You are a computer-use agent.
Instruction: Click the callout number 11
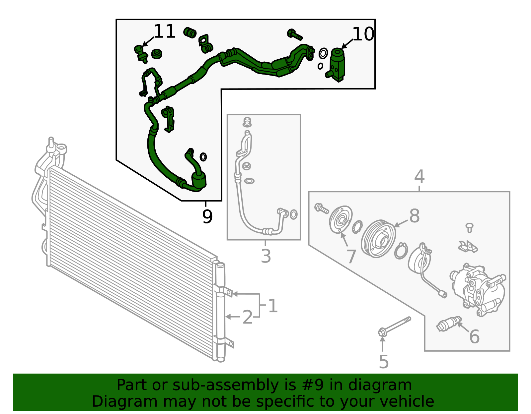click(x=165, y=31)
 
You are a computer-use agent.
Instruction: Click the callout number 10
click(x=363, y=34)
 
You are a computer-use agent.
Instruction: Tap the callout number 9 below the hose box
click(x=207, y=217)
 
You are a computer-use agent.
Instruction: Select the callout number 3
click(x=265, y=256)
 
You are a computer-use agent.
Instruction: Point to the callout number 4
click(x=419, y=177)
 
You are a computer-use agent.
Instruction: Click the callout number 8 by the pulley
click(x=414, y=216)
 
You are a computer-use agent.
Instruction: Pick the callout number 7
click(x=351, y=256)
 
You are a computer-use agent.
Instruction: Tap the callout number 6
click(x=474, y=336)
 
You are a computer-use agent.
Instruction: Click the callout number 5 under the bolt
click(x=383, y=362)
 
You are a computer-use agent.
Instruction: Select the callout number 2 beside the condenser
click(x=248, y=317)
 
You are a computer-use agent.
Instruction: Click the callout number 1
click(x=272, y=306)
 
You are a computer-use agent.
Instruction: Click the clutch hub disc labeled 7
click(x=341, y=220)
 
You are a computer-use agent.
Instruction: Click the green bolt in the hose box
click(x=294, y=34)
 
